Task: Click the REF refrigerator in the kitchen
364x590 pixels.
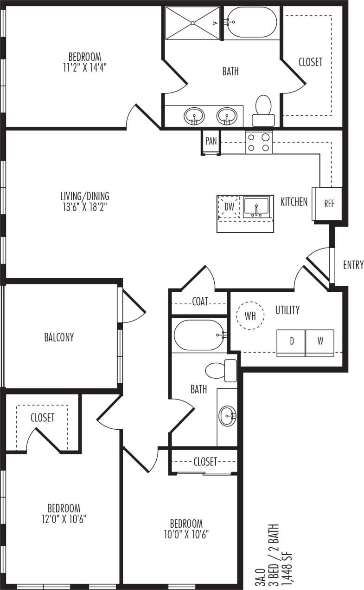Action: click(x=329, y=204)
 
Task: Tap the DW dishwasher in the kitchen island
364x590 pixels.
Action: click(x=229, y=206)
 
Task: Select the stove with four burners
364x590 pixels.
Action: click(x=259, y=142)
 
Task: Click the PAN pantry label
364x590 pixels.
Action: click(x=211, y=141)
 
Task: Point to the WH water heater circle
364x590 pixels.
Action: click(x=250, y=316)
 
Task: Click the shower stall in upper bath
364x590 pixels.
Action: click(x=192, y=23)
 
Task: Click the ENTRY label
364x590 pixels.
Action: click(x=353, y=265)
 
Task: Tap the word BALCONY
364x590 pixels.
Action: click(x=59, y=337)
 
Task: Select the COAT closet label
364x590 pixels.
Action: click(x=200, y=302)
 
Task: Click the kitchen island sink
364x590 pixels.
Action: click(x=256, y=207)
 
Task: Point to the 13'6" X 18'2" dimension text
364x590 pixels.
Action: click(x=85, y=207)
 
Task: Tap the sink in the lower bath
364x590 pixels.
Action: click(x=227, y=416)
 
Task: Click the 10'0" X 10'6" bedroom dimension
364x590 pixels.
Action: click(x=186, y=534)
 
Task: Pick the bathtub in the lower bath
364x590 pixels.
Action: click(x=199, y=335)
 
